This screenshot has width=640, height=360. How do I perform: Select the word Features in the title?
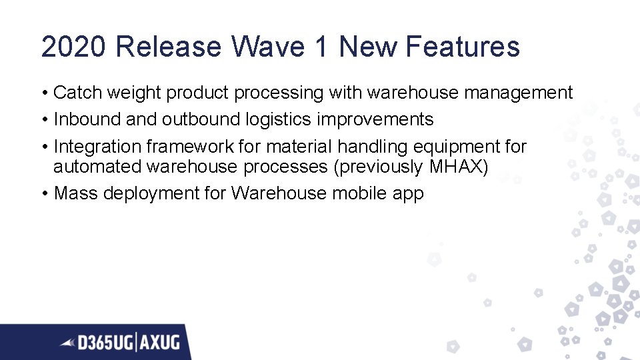tap(461, 47)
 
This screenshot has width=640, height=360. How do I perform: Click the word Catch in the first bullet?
tap(75, 93)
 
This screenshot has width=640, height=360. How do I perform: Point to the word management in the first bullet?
tap(518, 93)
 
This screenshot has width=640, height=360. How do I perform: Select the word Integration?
tap(98, 146)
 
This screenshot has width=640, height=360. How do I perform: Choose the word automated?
tap(97, 166)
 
